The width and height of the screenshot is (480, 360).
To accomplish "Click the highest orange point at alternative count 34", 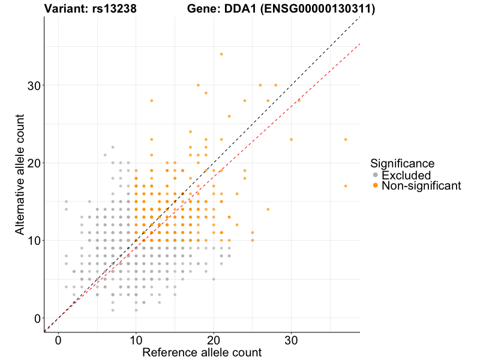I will [x=221, y=54].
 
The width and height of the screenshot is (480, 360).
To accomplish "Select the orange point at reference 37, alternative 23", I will [x=346, y=139].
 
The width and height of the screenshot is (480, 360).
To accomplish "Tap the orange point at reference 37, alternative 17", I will [x=346, y=186].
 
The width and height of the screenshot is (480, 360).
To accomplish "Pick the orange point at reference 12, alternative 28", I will [x=152, y=101].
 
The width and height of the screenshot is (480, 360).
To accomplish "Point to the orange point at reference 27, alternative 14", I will [x=268, y=209].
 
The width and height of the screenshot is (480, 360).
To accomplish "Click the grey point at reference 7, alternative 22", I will [x=113, y=147].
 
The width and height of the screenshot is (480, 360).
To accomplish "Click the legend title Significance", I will [x=403, y=163].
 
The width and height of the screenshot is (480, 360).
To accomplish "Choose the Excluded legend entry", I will [x=406, y=175].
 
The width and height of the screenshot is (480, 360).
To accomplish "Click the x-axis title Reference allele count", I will [x=202, y=352].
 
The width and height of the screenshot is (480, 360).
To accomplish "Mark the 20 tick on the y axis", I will [x=34, y=163].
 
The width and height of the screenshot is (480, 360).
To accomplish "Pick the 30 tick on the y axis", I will [x=34, y=85].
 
